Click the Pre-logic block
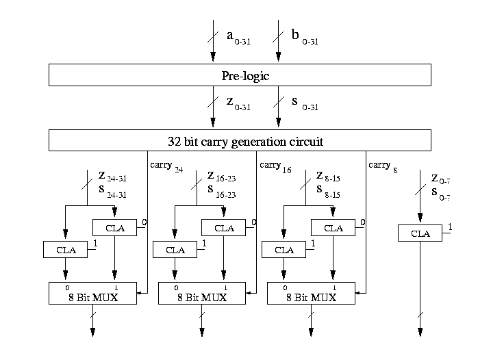coord(240,75)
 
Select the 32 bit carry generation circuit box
coord(240,141)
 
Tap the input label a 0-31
coord(240,36)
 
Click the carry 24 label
coord(167,166)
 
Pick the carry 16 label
coord(276,166)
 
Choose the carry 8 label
coord(383,166)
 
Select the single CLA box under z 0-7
coord(420,233)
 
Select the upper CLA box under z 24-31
coord(115,228)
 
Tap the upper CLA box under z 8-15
coord(333,228)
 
